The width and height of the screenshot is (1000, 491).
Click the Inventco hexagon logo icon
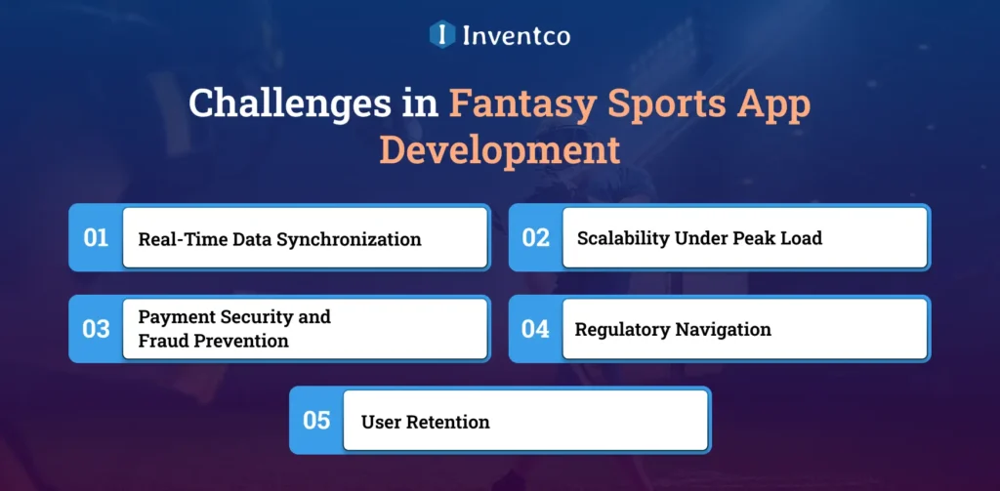pos(442,35)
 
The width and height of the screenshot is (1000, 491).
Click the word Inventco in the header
pos(517,35)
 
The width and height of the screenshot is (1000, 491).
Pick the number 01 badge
pos(96,237)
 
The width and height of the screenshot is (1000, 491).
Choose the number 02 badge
pos(535,237)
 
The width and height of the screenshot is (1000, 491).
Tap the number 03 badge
pos(96,329)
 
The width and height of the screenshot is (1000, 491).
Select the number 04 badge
pos(535,329)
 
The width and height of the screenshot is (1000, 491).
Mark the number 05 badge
pos(316,421)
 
